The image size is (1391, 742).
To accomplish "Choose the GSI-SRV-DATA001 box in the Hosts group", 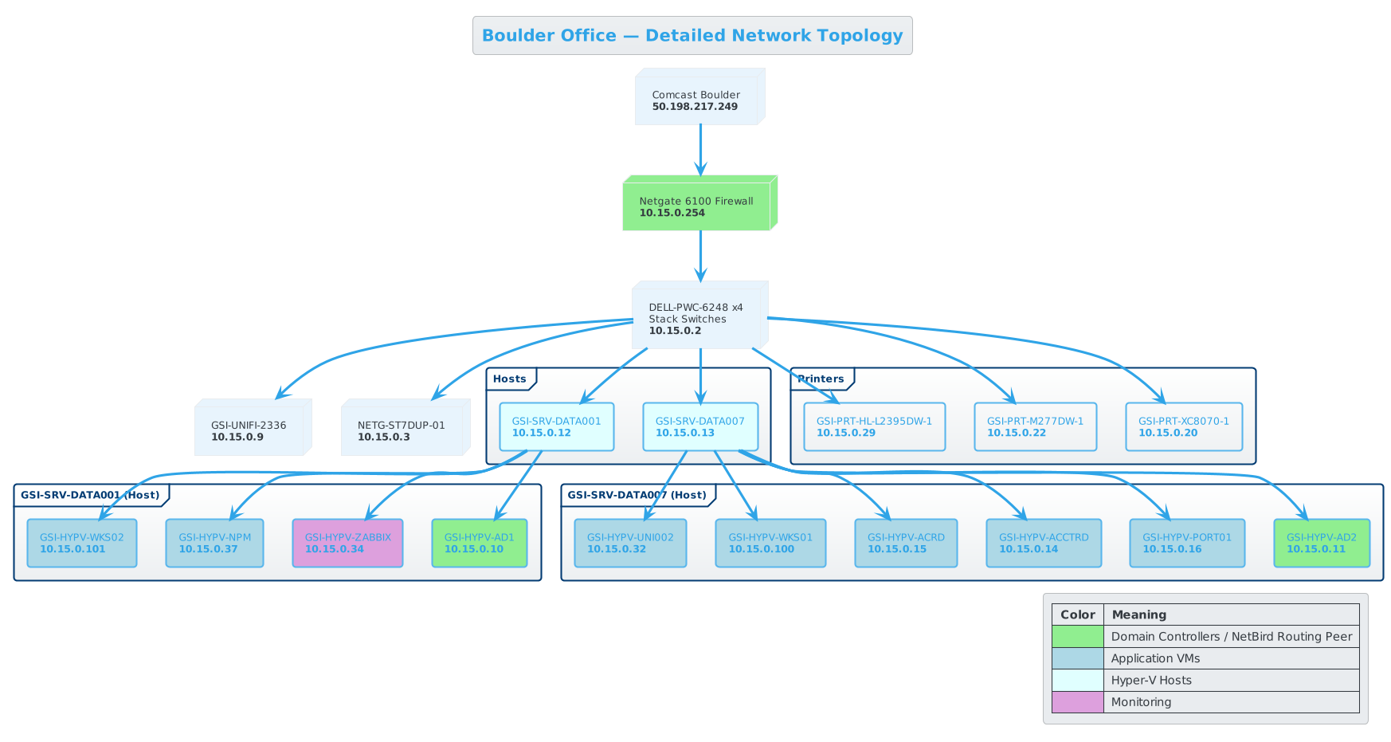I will tap(556, 426).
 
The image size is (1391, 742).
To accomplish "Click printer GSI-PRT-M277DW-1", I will tap(1035, 426).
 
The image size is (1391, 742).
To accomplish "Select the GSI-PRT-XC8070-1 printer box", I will tap(1183, 426).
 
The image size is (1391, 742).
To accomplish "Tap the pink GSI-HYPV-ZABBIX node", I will tap(347, 543).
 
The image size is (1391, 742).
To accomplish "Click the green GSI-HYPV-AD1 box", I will tap(479, 543).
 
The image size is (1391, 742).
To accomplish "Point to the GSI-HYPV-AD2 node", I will tap(1321, 543).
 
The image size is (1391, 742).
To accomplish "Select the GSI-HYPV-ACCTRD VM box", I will tap(1043, 543).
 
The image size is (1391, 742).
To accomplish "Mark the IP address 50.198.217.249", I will tap(695, 107).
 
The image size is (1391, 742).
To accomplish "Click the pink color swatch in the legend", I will tap(1077, 702).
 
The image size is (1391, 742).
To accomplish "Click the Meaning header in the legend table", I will tap(1138, 614).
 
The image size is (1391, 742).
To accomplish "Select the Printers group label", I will tap(821, 379).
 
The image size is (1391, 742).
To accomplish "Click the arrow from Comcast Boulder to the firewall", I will tap(700, 147).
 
